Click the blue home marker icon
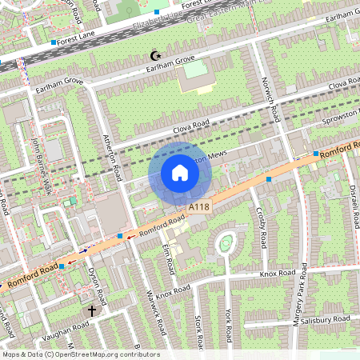click(180, 173)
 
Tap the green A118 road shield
click(199, 208)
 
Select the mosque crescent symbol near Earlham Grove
click(156, 55)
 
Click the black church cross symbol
click(92, 310)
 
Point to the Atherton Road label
click(113, 156)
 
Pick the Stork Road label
click(198, 331)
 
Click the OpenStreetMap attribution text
click(81, 354)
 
